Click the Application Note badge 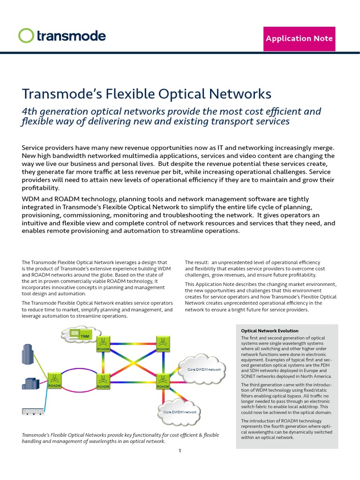point(299,38)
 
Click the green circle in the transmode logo point(26,36)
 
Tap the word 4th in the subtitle point(30,112)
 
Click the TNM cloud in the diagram point(82,335)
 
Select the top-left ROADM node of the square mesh point(103,345)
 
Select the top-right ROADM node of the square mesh point(163,345)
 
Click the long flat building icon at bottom point(33,412)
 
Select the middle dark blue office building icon point(30,383)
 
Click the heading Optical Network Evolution point(270,331)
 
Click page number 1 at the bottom point(180,451)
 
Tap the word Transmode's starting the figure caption point(37,435)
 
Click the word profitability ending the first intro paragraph point(41,187)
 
